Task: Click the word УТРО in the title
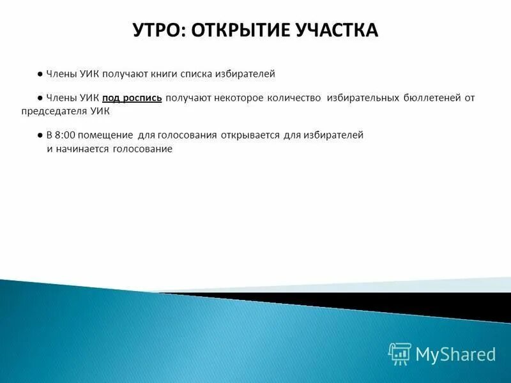point(158,30)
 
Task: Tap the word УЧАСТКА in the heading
point(340,30)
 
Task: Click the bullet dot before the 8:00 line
point(40,135)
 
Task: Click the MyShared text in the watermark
point(455,354)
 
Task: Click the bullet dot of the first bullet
point(40,74)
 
